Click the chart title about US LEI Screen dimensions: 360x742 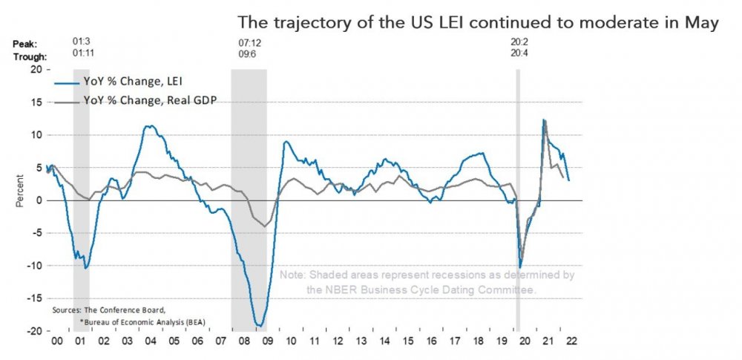(x=477, y=23)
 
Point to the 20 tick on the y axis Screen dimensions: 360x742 (x=35, y=69)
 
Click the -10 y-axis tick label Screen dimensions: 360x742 (x=33, y=266)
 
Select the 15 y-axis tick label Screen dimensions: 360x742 (x=35, y=102)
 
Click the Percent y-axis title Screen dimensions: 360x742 (x=20, y=192)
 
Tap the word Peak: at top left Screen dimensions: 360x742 (x=24, y=45)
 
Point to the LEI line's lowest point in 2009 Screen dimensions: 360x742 (x=258, y=325)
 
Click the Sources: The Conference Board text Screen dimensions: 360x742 (x=109, y=310)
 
